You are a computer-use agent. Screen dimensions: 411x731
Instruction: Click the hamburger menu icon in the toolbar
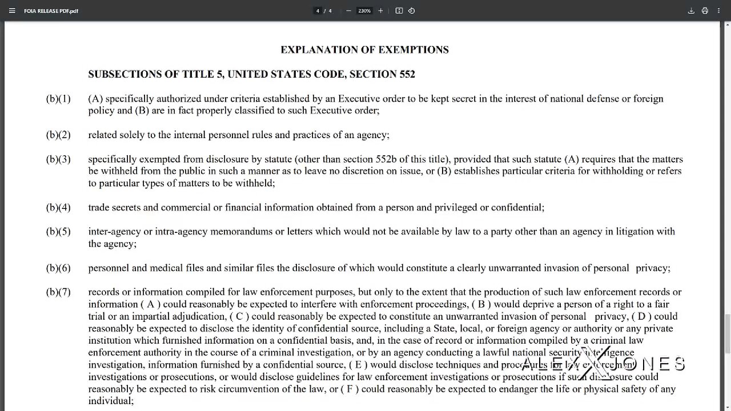pos(12,11)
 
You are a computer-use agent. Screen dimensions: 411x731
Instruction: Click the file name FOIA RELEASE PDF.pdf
pos(51,11)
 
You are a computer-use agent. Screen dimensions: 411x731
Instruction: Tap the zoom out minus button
pos(348,11)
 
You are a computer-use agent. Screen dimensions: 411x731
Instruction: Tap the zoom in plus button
pos(380,11)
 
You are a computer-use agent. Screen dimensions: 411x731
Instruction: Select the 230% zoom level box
pos(364,11)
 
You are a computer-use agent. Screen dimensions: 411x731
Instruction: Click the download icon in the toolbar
pos(691,11)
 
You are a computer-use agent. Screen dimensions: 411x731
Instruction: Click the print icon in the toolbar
pos(705,11)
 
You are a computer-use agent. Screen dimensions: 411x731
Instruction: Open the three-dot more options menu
pos(719,11)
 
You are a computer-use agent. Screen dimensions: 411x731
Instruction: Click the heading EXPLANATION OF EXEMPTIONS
pos(364,50)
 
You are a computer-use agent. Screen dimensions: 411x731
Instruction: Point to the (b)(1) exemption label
pos(58,99)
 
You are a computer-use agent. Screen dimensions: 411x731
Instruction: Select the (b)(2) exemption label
pos(58,135)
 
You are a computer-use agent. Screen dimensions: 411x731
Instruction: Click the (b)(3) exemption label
pos(58,159)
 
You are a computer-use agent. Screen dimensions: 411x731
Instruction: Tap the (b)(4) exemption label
pos(58,208)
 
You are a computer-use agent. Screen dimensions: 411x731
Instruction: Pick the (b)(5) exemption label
pos(58,232)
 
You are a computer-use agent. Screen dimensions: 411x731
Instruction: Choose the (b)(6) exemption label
pos(58,268)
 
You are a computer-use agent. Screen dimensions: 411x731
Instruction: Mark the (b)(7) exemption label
pos(58,292)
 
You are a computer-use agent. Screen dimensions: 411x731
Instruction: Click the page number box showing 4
pos(318,11)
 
